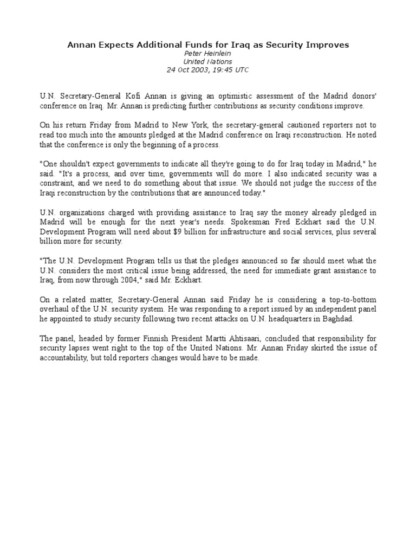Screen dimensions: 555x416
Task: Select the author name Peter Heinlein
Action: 207,54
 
